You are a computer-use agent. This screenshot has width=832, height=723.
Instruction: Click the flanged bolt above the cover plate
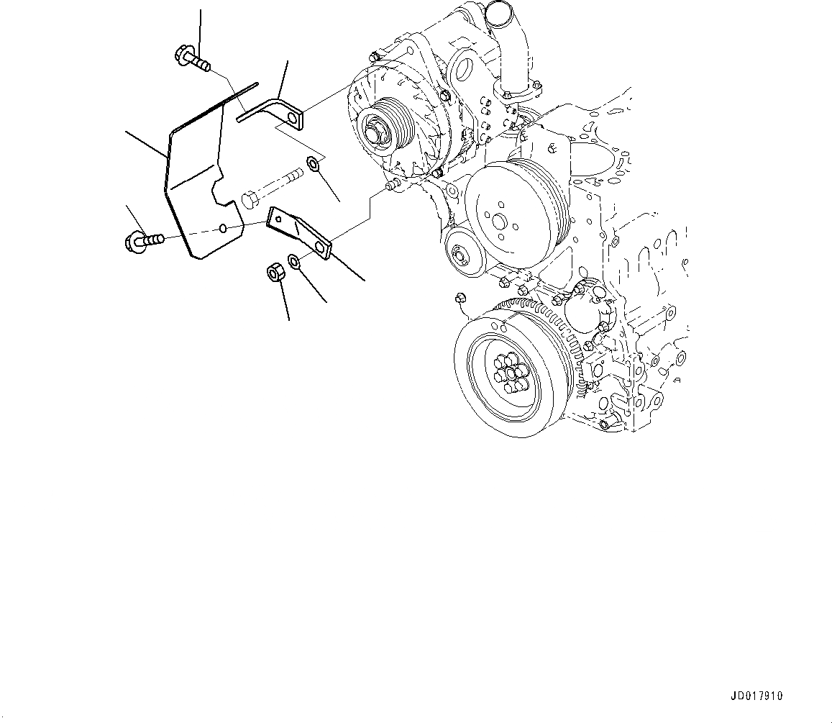coord(190,58)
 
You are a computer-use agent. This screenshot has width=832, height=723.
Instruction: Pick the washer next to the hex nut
coord(295,260)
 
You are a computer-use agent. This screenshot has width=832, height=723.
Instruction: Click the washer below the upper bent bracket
coord(314,165)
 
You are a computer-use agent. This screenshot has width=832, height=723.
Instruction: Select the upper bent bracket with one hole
coord(277,110)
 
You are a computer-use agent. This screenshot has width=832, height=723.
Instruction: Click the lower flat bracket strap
coord(298,232)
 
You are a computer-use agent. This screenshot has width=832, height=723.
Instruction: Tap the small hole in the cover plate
coord(224,228)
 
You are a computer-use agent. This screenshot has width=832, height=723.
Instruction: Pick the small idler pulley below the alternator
coord(461,254)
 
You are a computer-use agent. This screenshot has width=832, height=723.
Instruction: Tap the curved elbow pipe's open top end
coord(498,10)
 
